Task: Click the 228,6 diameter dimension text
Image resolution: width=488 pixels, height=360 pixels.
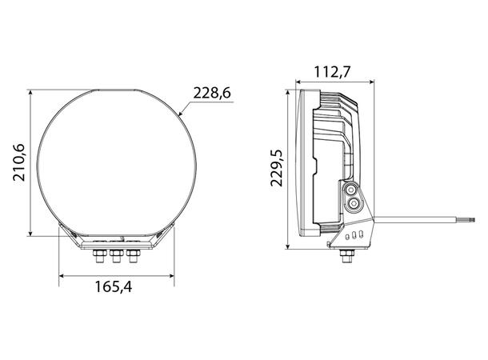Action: [x=212, y=94]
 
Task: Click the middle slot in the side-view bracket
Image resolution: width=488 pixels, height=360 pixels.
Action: [x=354, y=236]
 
